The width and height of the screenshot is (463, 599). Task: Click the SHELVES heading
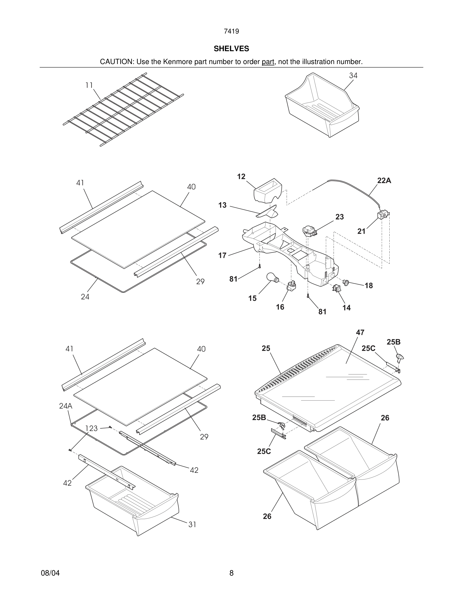[x=231, y=49]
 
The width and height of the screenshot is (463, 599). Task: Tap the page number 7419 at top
[x=231, y=32]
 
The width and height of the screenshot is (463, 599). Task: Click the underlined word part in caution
[x=268, y=62]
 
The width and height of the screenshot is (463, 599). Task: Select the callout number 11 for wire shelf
[x=89, y=85]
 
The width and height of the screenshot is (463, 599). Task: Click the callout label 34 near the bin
[x=353, y=75]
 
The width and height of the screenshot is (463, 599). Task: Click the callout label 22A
[x=384, y=181]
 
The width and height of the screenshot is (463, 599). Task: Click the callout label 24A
[x=66, y=406]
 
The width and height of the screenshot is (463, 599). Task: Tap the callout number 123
[x=91, y=428]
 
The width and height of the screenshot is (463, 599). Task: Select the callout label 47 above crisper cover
[x=360, y=333]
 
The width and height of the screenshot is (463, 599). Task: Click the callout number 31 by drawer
[x=192, y=524]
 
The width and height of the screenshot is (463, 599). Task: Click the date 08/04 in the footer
[x=50, y=573]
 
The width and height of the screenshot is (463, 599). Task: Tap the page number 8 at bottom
[x=231, y=573]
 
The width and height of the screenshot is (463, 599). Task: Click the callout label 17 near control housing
[x=222, y=255]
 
